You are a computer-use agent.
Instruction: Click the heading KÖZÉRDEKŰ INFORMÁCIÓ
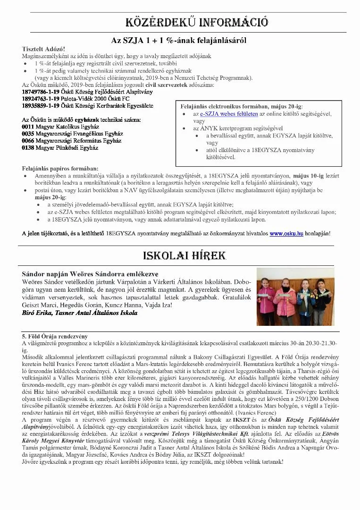point(197,22)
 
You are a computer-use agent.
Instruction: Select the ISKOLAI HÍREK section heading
point(184,256)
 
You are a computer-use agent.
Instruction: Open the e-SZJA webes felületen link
point(229,114)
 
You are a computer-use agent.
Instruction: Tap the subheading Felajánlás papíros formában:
point(60,169)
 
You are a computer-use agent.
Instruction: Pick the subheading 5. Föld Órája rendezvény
point(55,336)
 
